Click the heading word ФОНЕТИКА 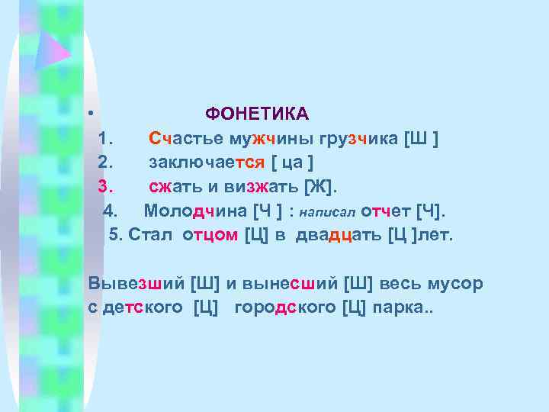[257, 114]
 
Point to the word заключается [207, 163]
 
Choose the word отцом [210, 234]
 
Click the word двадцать [336, 234]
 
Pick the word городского [286, 308]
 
